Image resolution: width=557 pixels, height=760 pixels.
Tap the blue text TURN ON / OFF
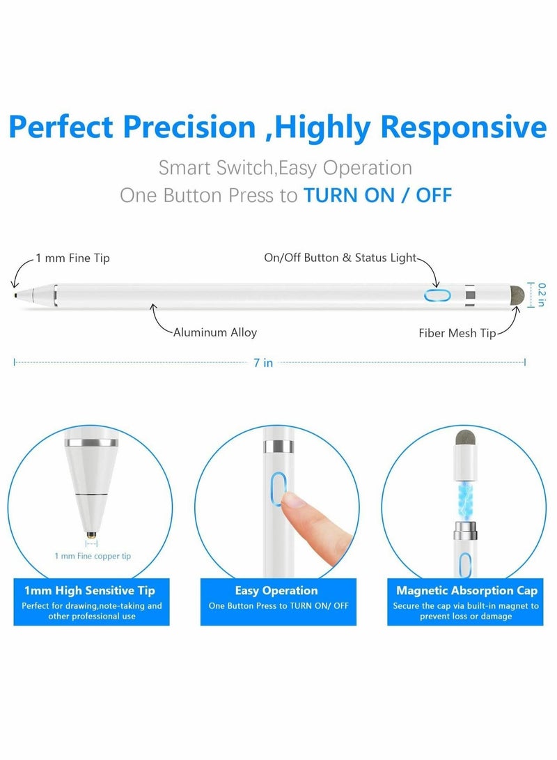(x=377, y=194)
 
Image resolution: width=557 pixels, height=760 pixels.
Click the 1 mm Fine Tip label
(x=72, y=258)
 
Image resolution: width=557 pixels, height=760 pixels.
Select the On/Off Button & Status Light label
(x=340, y=258)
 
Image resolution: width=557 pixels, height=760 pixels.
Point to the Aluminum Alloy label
(x=214, y=332)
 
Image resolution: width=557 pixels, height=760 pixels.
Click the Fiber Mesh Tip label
(x=457, y=333)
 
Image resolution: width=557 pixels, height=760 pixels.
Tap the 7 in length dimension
(x=263, y=363)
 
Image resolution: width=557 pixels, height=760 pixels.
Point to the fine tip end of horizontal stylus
(x=17, y=295)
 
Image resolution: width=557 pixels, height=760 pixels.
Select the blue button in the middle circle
(x=276, y=488)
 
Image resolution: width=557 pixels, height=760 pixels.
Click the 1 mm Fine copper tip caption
(x=92, y=556)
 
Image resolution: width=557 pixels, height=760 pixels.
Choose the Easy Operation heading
(x=276, y=591)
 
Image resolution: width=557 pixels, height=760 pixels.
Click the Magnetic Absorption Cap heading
(x=466, y=591)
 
